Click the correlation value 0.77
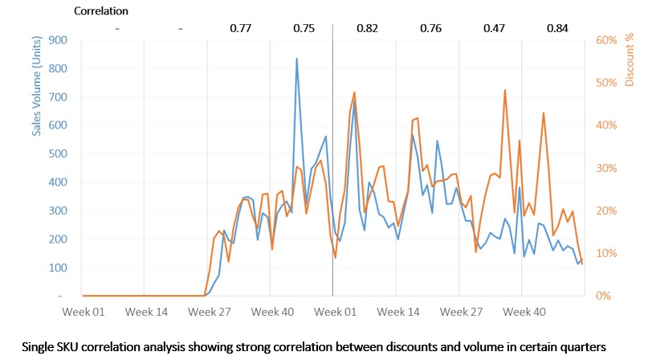point(240,29)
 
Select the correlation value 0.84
point(556,29)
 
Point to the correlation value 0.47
point(494,29)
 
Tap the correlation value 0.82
point(367,29)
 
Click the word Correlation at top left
point(101,11)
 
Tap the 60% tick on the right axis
point(605,40)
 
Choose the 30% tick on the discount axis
point(605,168)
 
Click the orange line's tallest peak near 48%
point(504,90)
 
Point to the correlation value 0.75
point(304,29)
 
